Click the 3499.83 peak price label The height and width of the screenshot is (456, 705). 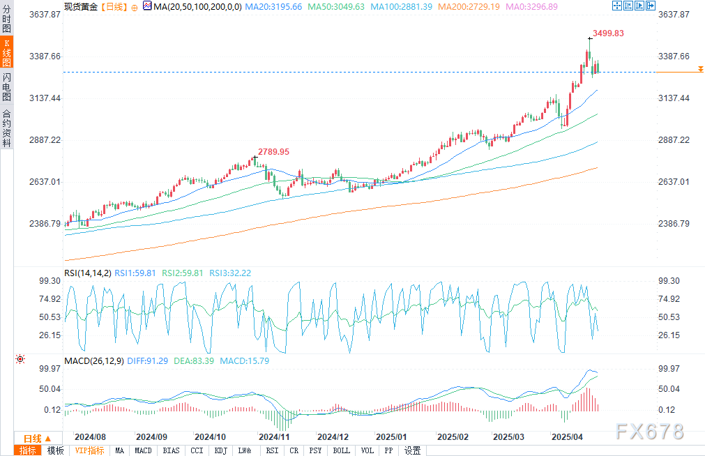tap(608, 33)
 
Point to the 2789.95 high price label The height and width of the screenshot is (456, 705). tap(273, 151)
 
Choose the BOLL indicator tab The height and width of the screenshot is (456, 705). tap(341, 450)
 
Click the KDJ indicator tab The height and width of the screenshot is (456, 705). tap(220, 450)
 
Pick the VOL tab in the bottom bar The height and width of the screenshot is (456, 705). tap(367, 450)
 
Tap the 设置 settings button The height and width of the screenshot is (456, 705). tap(412, 450)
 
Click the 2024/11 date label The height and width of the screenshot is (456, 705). tap(273, 437)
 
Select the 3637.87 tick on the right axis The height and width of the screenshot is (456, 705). tap(673, 14)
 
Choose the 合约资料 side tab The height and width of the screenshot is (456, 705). tap(6, 128)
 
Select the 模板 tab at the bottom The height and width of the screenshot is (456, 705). tap(55, 450)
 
